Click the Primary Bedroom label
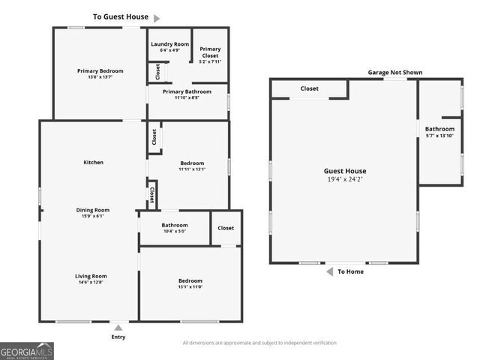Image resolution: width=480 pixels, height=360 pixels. click(x=100, y=71)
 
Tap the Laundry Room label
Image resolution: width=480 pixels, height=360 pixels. click(x=169, y=44)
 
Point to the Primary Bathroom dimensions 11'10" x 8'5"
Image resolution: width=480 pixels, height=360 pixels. click(x=187, y=97)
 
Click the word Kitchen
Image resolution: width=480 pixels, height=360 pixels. click(x=93, y=162)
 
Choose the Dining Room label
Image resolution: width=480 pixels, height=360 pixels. click(x=93, y=210)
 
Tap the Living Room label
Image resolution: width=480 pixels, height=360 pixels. click(x=91, y=276)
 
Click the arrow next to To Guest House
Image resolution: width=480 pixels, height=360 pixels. click(x=157, y=17)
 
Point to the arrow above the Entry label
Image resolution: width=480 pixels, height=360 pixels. click(x=118, y=328)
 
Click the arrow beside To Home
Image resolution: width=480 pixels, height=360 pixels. click(x=330, y=271)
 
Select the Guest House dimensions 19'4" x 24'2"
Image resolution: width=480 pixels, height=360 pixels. click(x=345, y=180)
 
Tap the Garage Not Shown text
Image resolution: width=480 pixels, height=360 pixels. click(x=394, y=73)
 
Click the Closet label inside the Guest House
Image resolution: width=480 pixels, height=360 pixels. click(x=309, y=88)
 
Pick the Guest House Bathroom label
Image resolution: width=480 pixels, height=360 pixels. click(x=439, y=129)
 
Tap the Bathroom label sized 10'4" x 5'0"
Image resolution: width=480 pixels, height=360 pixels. click(x=174, y=225)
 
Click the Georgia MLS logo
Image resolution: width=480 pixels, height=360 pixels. click(x=27, y=350)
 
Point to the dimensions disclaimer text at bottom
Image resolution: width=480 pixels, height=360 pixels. click(x=259, y=343)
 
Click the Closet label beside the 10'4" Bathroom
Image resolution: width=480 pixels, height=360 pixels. click(x=226, y=228)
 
